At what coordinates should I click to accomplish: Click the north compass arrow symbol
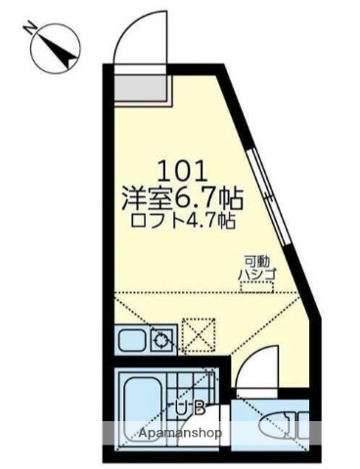click(x=55, y=47)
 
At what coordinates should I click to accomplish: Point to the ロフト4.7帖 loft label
click(x=182, y=221)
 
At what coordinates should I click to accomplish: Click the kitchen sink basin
click(x=130, y=342)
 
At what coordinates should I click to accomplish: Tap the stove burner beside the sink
click(x=161, y=341)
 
